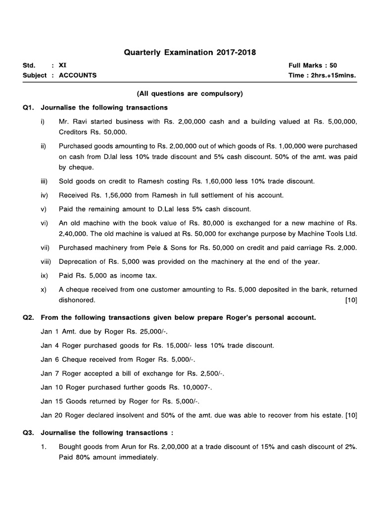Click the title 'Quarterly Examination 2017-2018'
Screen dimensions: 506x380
190,52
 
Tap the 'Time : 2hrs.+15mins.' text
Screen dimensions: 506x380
322,76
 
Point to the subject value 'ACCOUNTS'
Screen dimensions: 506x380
78,76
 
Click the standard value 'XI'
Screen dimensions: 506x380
62,65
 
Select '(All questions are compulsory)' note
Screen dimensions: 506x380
190,93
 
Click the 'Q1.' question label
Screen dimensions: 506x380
28,107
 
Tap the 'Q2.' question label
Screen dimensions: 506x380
28,318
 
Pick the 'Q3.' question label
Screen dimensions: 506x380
28,432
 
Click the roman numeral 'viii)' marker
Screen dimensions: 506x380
47,261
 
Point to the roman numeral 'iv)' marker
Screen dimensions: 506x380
45,195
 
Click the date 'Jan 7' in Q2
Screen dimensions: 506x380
48,373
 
